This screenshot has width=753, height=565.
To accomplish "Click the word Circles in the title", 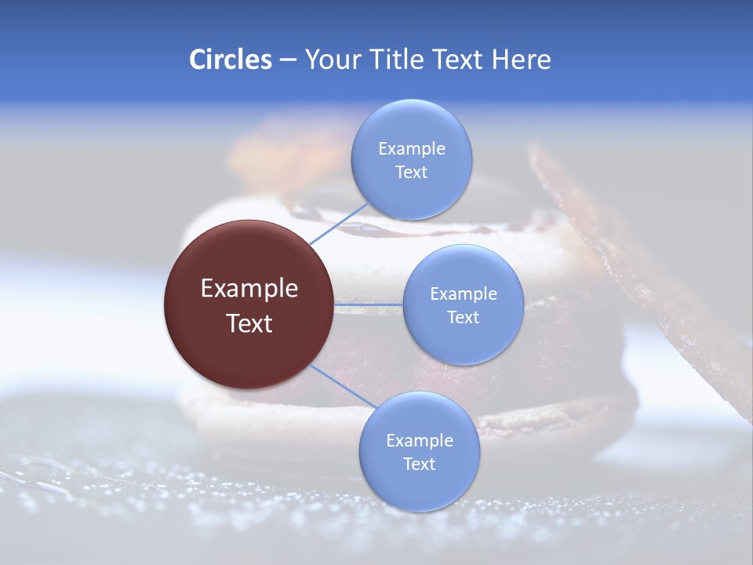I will coord(230,60).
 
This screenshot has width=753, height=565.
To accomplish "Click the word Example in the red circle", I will coord(249,289).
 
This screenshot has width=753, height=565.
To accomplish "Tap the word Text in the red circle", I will coord(249,323).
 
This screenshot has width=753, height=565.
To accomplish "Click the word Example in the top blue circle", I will coord(412,149).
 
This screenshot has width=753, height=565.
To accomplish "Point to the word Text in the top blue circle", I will coord(411,173).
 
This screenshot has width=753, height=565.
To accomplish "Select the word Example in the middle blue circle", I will coord(464,294).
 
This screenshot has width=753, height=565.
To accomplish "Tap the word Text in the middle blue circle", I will coord(463,318).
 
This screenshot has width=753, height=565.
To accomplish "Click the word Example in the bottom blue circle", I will coord(420,441).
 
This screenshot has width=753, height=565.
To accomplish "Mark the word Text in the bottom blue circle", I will coord(419,465).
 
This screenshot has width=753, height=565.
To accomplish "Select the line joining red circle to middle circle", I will coord(369,304).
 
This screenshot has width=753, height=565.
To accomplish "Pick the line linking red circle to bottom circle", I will coord(341,385).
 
